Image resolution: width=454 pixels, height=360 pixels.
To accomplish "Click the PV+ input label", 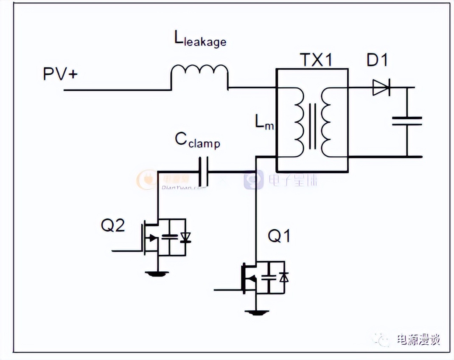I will (x=60, y=74).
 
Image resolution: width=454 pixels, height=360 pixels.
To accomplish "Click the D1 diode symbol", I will (x=381, y=88).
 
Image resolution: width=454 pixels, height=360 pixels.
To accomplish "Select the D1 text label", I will (x=377, y=61).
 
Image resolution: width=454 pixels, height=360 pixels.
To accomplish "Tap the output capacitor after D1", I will (x=407, y=121).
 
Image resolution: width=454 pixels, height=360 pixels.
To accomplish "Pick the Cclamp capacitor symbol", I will (x=203, y=172).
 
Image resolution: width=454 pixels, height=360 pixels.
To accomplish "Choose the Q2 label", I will (x=113, y=226).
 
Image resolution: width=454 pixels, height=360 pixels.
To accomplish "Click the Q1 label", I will (x=279, y=236).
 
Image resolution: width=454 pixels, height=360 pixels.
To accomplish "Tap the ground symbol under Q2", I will (x=157, y=273).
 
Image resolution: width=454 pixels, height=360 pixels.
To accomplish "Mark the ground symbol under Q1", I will (x=256, y=312).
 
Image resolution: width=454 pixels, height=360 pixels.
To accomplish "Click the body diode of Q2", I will (x=185, y=238).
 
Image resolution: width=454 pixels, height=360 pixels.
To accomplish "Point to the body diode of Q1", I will (x=284, y=278).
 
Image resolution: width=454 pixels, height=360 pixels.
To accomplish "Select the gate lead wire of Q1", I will (x=227, y=290).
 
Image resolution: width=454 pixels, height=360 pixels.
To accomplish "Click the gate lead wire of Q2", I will (x=127, y=251).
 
